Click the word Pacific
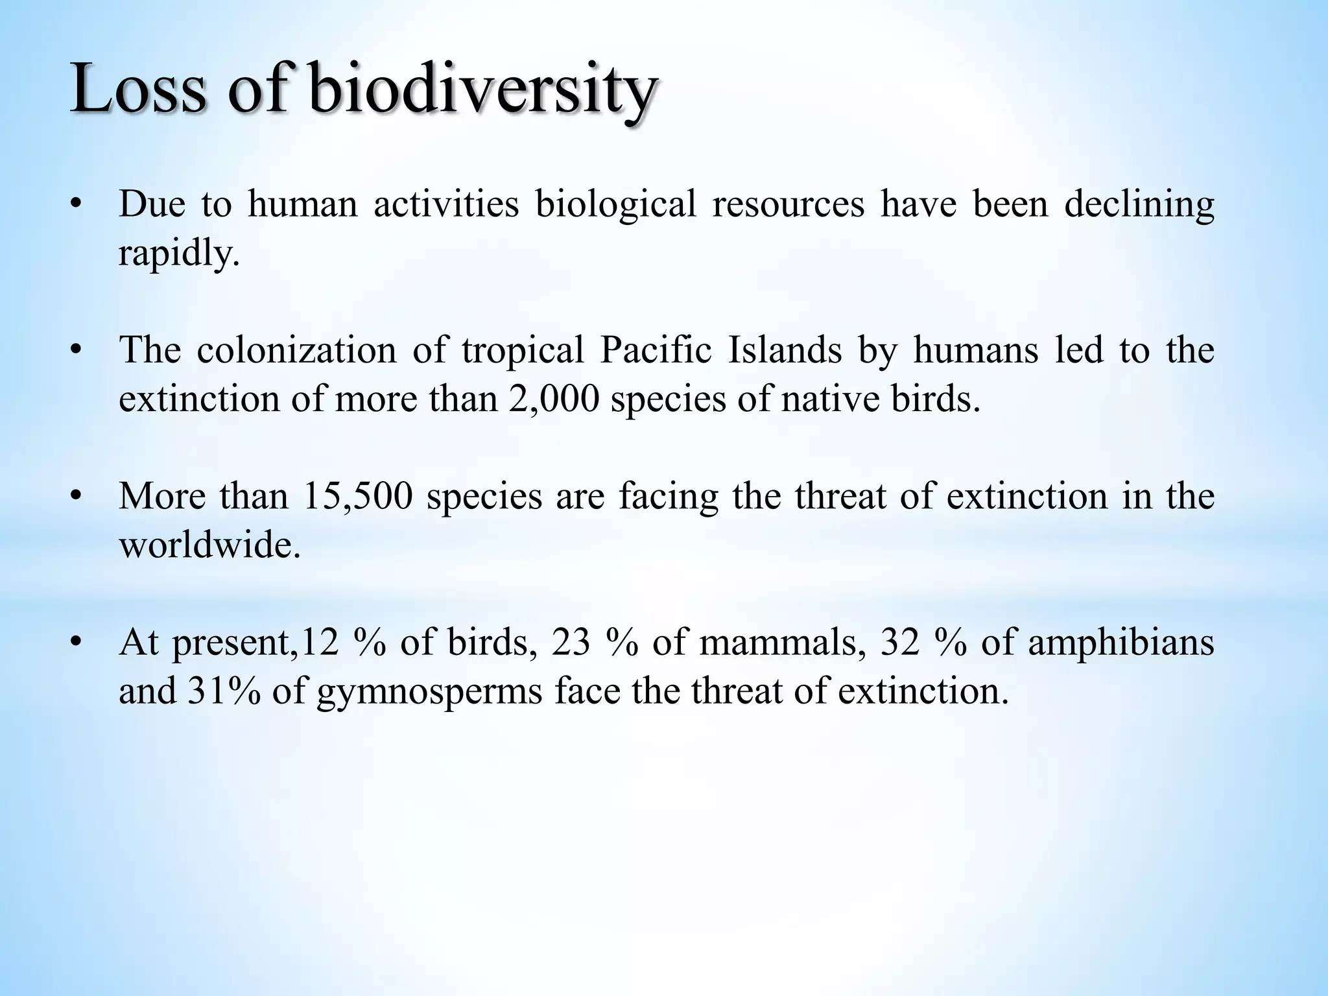click(656, 350)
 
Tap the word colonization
click(296, 350)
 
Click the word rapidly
click(180, 253)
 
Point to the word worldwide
click(210, 545)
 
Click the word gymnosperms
click(429, 691)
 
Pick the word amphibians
click(1121, 643)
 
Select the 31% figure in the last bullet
click(225, 691)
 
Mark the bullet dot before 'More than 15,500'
click(77, 497)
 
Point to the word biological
click(615, 204)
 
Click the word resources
click(788, 204)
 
